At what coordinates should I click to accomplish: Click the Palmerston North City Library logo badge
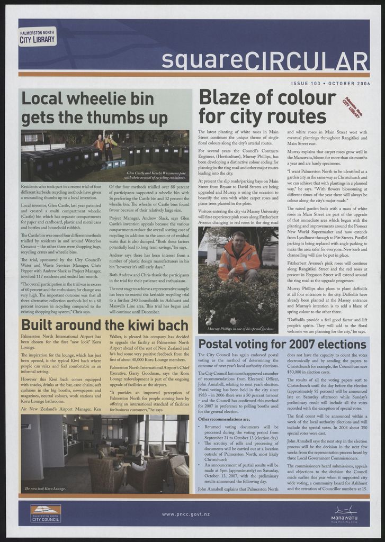(37, 37)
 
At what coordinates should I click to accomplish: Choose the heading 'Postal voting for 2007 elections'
(282, 344)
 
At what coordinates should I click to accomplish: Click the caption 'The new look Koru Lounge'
(45, 489)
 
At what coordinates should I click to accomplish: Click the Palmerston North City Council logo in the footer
(46, 513)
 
